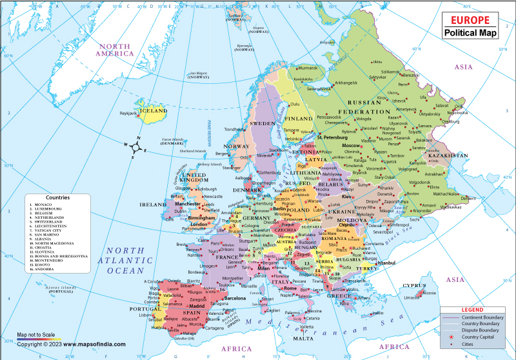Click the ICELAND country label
[154, 110]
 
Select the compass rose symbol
[137, 148]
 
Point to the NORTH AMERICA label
[115, 50]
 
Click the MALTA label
[303, 338]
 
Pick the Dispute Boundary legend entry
[481, 328]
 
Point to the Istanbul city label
[386, 263]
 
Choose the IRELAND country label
[154, 204]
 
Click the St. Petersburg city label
[333, 137]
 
